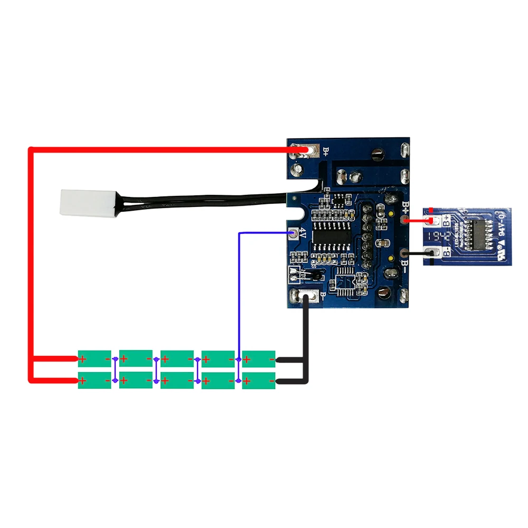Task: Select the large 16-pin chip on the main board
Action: pyautogui.click(x=330, y=235)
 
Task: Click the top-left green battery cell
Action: pyautogui.click(x=95, y=359)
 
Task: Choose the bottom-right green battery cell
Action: pyautogui.click(x=259, y=380)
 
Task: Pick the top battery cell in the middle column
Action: pyautogui.click(x=177, y=359)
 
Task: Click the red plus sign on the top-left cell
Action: pyautogui.click(x=83, y=360)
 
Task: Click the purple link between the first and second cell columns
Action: pyautogui.click(x=115, y=370)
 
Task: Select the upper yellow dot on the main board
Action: pyautogui.click(x=391, y=214)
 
